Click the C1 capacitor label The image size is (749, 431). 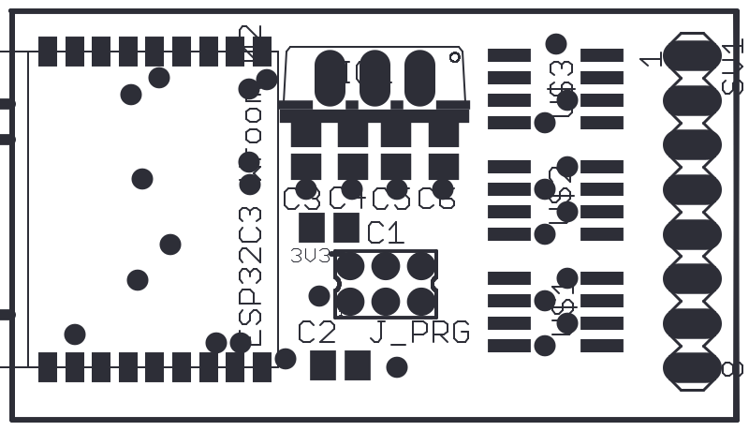tap(385, 231)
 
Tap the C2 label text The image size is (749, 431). tap(316, 332)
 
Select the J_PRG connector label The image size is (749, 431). tap(419, 332)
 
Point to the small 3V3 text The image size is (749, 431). tap(309, 255)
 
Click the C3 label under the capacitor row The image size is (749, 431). tap(301, 199)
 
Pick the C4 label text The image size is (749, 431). tap(347, 199)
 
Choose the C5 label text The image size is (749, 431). tap(391, 199)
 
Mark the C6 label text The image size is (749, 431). tap(436, 199)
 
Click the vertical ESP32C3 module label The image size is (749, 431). tap(251, 272)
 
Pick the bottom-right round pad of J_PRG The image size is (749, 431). tap(419, 301)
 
